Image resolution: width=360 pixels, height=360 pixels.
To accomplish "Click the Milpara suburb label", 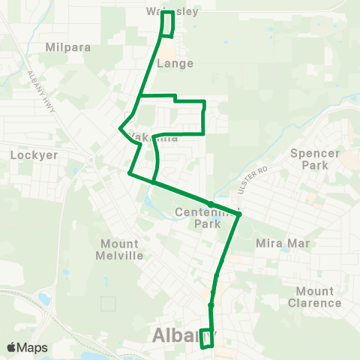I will (x=67, y=46).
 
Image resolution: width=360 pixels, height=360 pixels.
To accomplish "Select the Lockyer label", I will (x=29, y=155).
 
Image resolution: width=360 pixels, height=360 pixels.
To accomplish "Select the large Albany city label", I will (x=184, y=334).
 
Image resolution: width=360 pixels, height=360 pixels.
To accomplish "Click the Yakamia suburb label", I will (x=154, y=138).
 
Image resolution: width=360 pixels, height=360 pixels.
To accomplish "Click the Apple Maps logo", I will (x=27, y=347).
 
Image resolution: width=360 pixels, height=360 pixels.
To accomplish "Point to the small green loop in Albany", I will (x=208, y=338).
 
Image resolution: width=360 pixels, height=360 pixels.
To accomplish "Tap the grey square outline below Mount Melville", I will (x=109, y=303).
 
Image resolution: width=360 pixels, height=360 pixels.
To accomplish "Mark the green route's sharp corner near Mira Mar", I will (x=240, y=215).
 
